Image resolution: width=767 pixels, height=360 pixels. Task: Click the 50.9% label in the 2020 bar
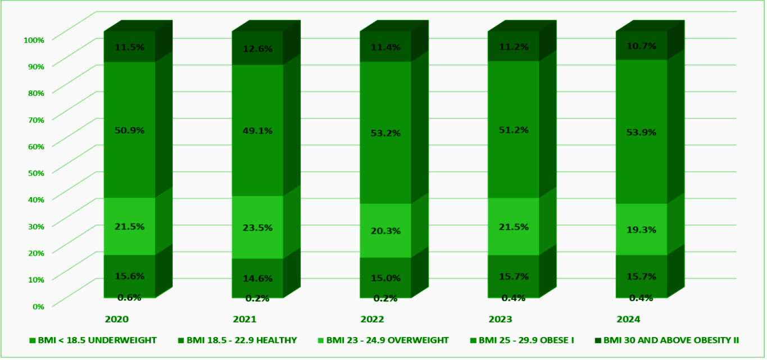pyautogui.click(x=130, y=130)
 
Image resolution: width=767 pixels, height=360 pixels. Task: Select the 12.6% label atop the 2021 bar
pyautogui.click(x=258, y=49)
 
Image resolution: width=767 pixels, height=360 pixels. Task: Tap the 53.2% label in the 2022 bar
pyautogui.click(x=386, y=134)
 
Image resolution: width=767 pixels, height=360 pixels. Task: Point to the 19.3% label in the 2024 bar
pyautogui.click(x=642, y=230)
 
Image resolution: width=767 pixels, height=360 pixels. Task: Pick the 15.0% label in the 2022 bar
pyautogui.click(x=386, y=277)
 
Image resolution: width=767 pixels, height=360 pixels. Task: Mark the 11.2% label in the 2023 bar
pyautogui.click(x=514, y=47)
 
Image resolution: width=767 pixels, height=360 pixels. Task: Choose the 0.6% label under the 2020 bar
pyautogui.click(x=129, y=298)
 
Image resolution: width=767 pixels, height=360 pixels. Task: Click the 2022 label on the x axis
pyautogui.click(x=373, y=319)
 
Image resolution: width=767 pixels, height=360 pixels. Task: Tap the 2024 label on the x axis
pyautogui.click(x=628, y=319)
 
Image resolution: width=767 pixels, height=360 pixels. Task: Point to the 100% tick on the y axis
pyautogui.click(x=34, y=40)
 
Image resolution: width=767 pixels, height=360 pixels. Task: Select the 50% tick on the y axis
pyautogui.click(x=35, y=172)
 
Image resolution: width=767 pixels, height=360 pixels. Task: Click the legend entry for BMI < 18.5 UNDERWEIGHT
pyautogui.click(x=93, y=340)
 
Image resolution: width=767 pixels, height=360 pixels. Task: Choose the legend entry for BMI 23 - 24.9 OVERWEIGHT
pyautogui.click(x=383, y=340)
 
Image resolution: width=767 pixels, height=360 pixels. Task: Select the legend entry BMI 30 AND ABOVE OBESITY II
pyautogui.click(x=667, y=340)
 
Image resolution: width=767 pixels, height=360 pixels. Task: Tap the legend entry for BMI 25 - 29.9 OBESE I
pyautogui.click(x=526, y=340)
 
